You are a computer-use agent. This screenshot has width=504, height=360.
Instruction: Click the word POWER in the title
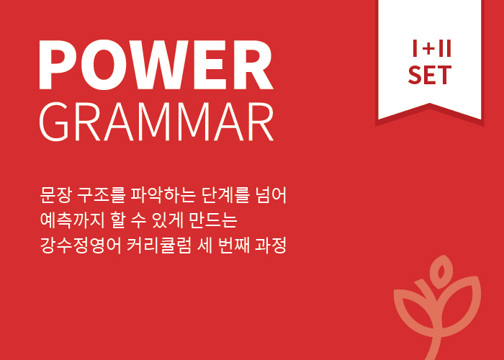pyautogui.click(x=156, y=65)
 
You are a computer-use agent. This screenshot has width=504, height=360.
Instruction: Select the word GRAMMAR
pyautogui.click(x=156, y=122)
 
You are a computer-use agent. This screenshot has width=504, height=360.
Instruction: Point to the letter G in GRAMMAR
pyautogui.click(x=54, y=122)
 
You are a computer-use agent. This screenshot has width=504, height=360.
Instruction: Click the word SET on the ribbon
pyautogui.click(x=430, y=75)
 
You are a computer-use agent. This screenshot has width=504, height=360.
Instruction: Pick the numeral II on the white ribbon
pyautogui.click(x=445, y=48)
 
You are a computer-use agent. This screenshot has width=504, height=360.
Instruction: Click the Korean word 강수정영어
pyautogui.click(x=81, y=246)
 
